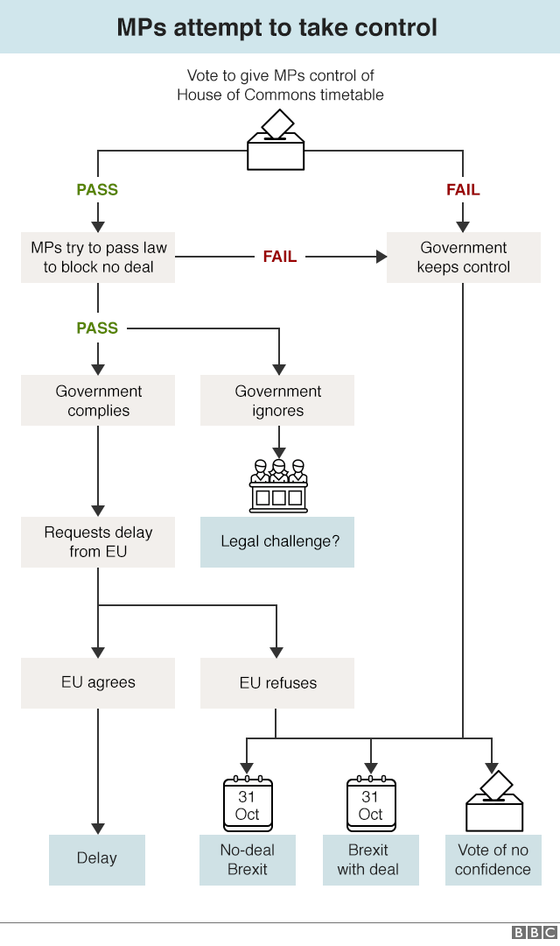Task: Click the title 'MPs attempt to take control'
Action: point(277,27)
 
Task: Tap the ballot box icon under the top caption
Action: point(276,141)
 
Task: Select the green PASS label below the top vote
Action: point(97,189)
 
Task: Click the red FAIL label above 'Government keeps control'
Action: point(463,189)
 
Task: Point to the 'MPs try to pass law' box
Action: point(98,257)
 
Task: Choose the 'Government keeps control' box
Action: point(463,257)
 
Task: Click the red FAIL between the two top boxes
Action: point(280,257)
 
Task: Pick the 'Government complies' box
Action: point(98,400)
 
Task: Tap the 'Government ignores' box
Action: point(277,400)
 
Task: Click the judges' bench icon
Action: point(278,485)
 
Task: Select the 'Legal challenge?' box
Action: point(277,541)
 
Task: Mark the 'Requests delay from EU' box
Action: point(98,541)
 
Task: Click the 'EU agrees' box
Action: point(98,682)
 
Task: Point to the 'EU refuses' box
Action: point(277,682)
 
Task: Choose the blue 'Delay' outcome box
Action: point(96,858)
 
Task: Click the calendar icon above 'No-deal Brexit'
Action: point(248,803)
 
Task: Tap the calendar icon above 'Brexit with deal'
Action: point(371,803)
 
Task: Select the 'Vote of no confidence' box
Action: point(493,859)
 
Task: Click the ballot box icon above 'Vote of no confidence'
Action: point(494,801)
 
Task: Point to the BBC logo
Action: point(534,933)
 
